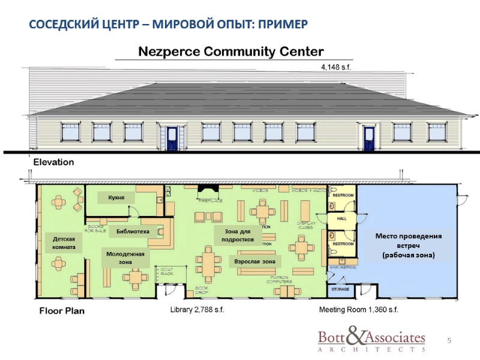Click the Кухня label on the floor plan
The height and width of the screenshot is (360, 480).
(x=116, y=197)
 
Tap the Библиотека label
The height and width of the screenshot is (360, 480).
(x=133, y=231)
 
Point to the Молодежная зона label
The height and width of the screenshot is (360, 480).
(x=125, y=257)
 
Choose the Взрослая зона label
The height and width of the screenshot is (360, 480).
(x=255, y=262)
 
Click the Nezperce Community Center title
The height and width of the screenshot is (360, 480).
(x=231, y=52)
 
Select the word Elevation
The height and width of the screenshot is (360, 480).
(x=53, y=162)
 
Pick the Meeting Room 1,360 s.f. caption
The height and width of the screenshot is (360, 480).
(x=358, y=310)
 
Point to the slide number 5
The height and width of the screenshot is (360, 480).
(x=449, y=341)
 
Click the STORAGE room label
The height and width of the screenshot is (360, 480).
(x=341, y=289)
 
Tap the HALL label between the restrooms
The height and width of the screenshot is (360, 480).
(x=341, y=219)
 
